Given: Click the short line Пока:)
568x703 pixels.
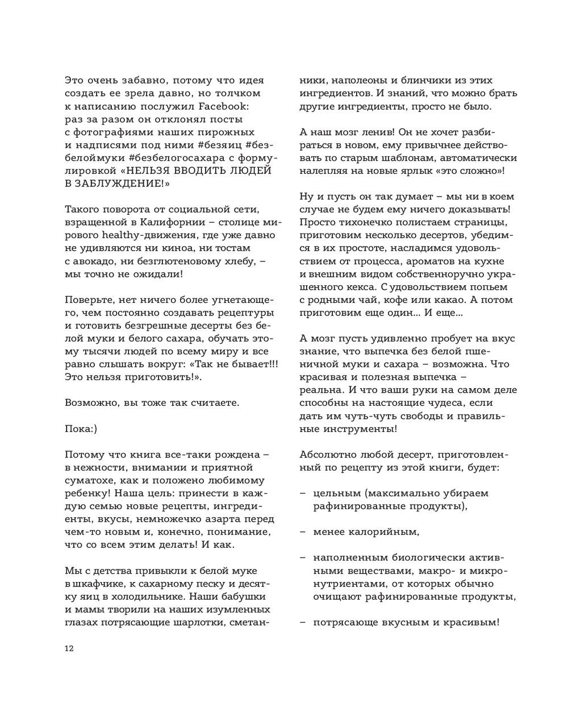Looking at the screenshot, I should pos(81,429).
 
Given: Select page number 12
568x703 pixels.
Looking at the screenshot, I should pos(70,648).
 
